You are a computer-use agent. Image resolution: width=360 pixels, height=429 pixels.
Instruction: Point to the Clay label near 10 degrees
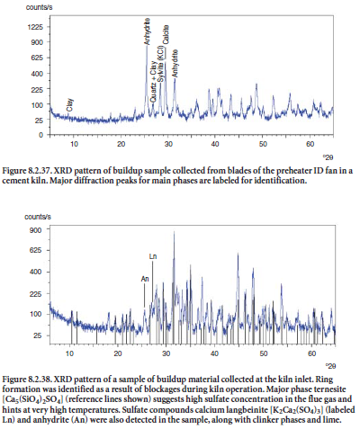[x=70, y=105]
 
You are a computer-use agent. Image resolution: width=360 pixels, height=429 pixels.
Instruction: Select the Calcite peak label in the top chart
[x=166, y=34]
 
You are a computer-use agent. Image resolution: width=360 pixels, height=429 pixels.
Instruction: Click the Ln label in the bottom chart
[x=153, y=256]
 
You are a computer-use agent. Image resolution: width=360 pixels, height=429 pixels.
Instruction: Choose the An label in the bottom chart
[x=145, y=279]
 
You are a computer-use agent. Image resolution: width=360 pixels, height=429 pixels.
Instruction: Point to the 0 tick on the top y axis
[x=41, y=135]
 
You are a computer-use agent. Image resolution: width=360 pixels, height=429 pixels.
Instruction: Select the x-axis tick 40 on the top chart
[x=215, y=144]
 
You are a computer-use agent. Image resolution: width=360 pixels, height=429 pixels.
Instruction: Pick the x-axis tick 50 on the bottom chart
[x=263, y=353]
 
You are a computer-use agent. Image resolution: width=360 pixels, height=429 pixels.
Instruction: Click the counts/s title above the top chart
[x=39, y=7]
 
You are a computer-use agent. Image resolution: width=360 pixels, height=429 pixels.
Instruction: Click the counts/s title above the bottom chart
[x=38, y=217]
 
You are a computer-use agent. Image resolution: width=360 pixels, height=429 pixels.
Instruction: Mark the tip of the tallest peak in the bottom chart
[x=174, y=231]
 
